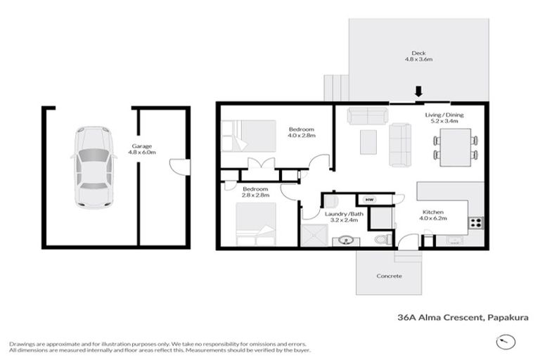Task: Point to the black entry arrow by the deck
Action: pos(418,92)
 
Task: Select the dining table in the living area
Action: pos(456,147)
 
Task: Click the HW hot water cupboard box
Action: pos(368,200)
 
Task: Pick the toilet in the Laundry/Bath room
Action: pos(382,238)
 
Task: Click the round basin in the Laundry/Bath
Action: pos(346,240)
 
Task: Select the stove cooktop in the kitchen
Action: pos(476,223)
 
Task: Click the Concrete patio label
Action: pos(389,276)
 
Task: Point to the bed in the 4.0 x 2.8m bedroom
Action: pos(249,136)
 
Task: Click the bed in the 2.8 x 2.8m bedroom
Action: pos(256,224)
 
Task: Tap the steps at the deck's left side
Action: pos(336,88)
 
